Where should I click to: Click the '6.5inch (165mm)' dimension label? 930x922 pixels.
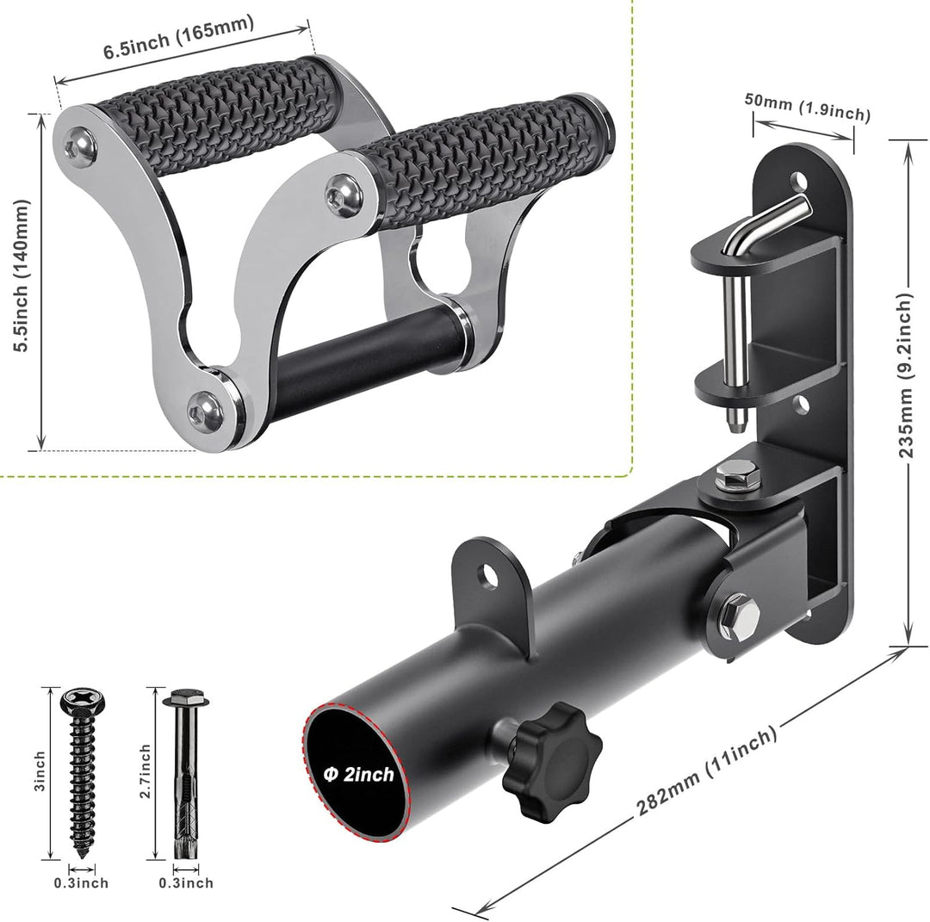coord(178,37)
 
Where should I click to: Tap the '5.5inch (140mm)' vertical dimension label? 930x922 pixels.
coord(22,275)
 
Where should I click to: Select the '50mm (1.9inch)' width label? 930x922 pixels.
coord(808,107)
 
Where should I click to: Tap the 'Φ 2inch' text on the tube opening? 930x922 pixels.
coord(358,775)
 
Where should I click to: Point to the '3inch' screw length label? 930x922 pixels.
coord(39,770)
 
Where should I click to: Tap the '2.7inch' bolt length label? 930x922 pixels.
coord(145,770)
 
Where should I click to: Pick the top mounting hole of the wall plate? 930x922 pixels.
coord(798,179)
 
